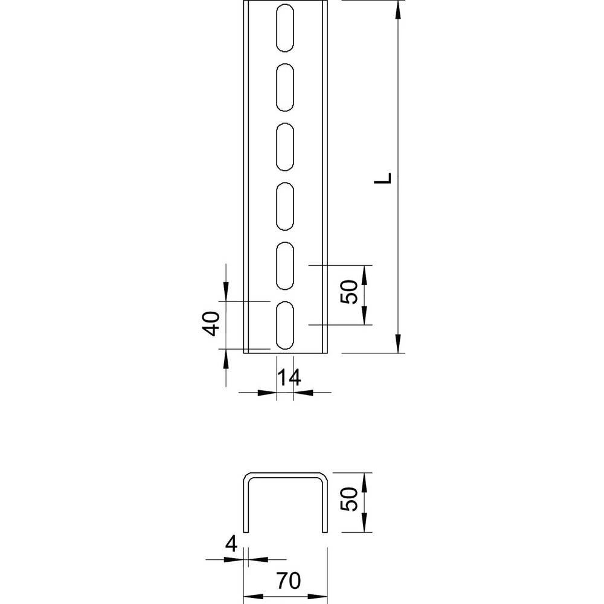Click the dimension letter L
click(390, 178)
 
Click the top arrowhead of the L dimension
click(397, 8)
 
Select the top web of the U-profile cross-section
click(285, 474)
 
